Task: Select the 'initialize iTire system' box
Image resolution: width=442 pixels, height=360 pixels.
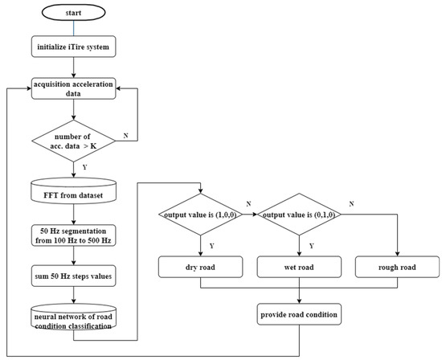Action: [x=73, y=49]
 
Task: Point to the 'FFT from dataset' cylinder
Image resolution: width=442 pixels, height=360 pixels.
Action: [x=73, y=193]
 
